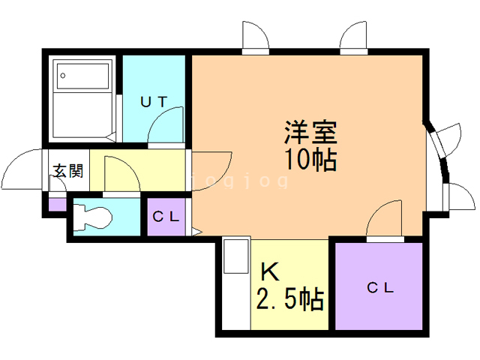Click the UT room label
click(154, 102)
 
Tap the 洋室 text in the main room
click(310, 133)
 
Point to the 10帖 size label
click(310, 159)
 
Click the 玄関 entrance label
click(68, 171)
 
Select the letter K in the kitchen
click(270, 272)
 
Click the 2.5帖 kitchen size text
click(290, 299)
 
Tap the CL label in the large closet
click(380, 288)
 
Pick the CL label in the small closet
click(166, 217)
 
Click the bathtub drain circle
click(63, 75)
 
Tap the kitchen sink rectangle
click(235, 256)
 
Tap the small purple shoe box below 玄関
click(58, 205)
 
